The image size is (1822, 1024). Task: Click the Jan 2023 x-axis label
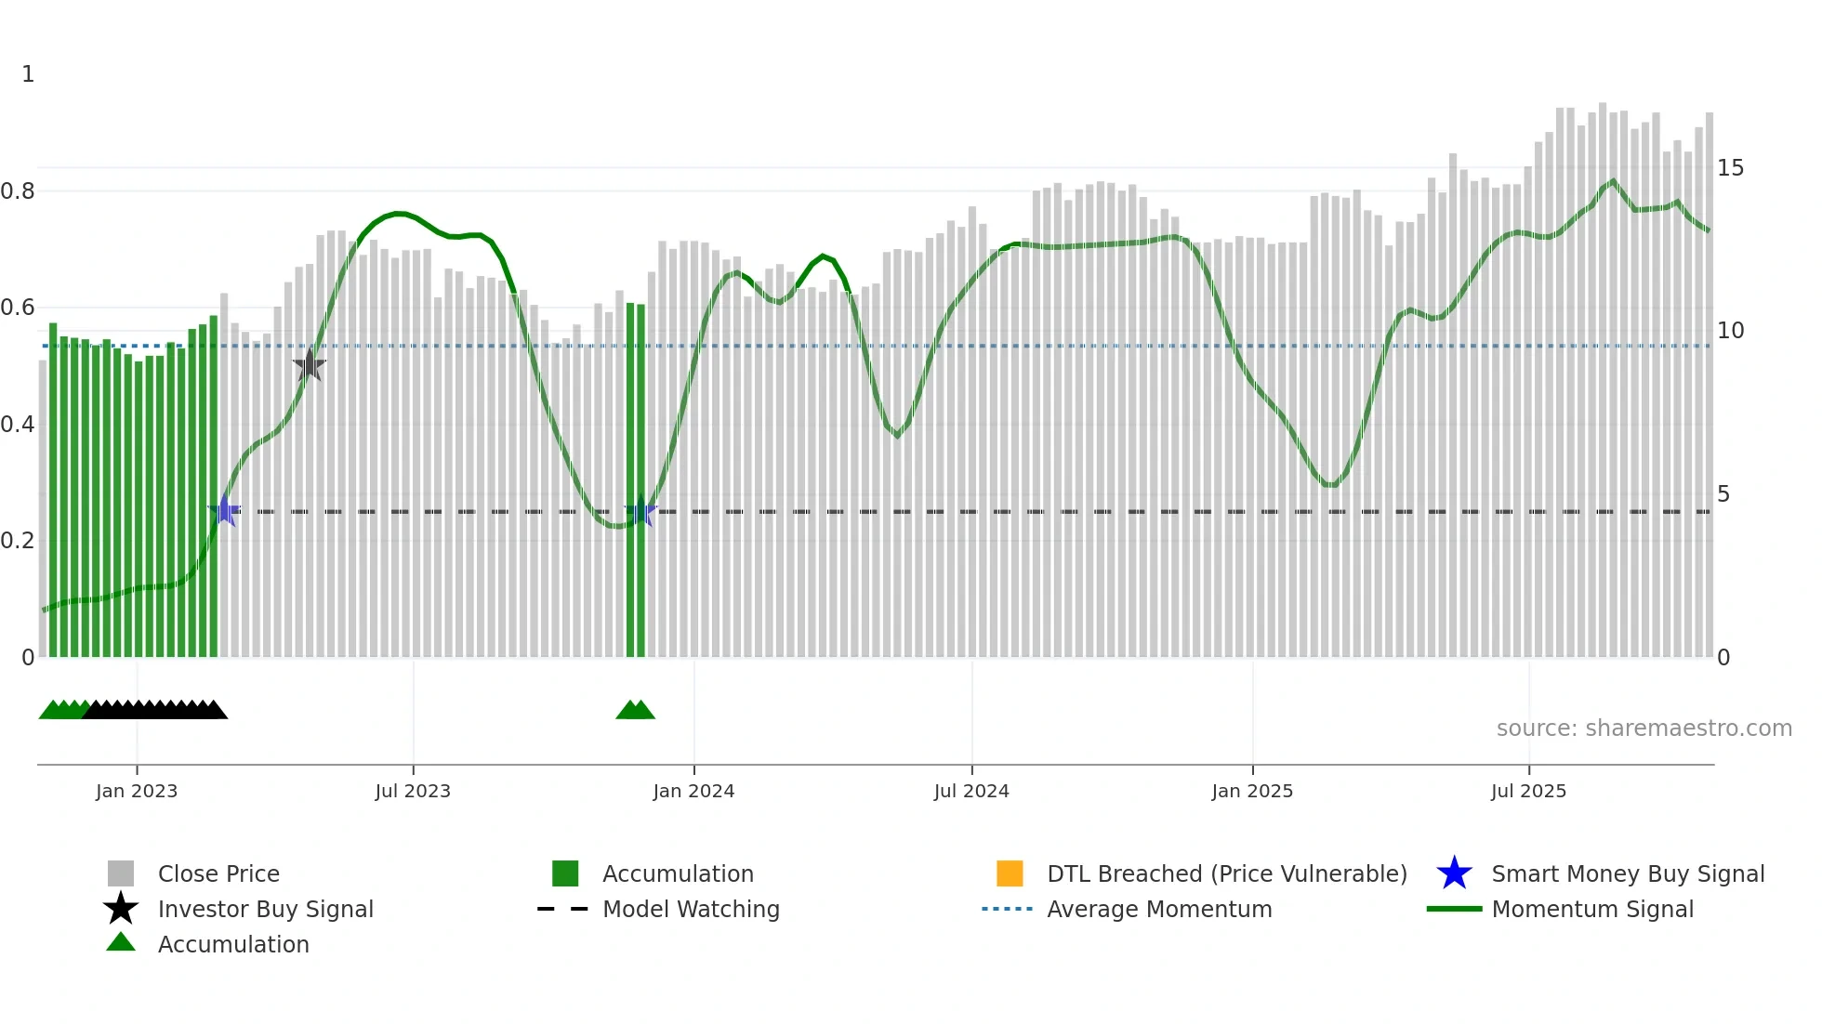click(136, 792)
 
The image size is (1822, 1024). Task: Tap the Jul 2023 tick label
click(413, 792)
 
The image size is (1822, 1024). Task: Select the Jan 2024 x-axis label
click(693, 792)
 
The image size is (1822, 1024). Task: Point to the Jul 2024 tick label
click(971, 792)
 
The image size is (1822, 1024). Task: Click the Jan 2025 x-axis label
click(1252, 792)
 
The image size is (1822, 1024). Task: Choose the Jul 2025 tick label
click(1528, 792)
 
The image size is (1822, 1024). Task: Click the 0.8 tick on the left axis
click(18, 191)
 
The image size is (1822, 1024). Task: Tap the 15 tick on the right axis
click(1730, 168)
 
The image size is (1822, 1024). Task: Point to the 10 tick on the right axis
click(1730, 331)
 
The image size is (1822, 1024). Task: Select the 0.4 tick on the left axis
click(18, 425)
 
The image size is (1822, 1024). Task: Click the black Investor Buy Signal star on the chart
click(309, 365)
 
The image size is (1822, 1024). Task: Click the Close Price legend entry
click(218, 873)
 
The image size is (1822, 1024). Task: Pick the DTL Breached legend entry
click(1226, 873)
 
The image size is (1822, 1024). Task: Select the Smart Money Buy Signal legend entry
click(1627, 873)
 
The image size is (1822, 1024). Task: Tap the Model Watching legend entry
click(691, 909)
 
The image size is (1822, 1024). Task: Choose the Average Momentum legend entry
click(1159, 909)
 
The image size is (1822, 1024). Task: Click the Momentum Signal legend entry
click(1592, 909)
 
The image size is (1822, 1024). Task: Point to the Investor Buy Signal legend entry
click(265, 909)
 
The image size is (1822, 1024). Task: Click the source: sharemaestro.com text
click(1644, 729)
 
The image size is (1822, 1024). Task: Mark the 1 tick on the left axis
click(28, 74)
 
